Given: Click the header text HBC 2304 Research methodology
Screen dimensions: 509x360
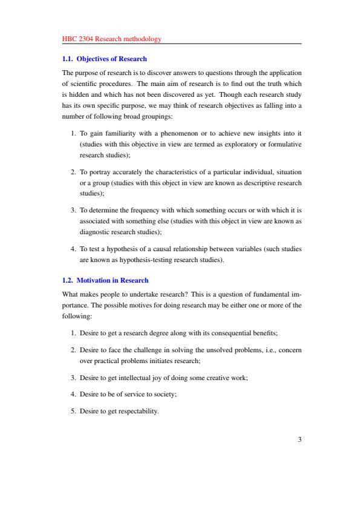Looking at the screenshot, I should click(112, 39).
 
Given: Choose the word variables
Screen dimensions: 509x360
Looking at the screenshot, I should click(251, 249).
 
